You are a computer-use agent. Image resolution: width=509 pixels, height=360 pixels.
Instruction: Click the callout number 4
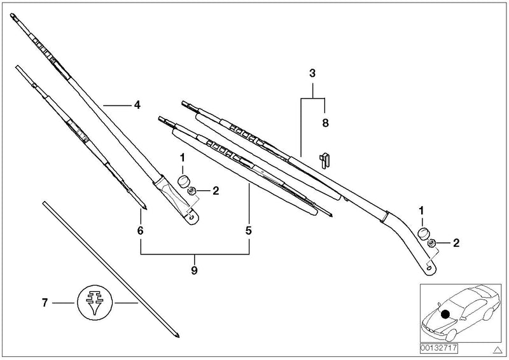pos(136,105)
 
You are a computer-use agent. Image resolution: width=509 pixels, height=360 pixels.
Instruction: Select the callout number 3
pos(312,74)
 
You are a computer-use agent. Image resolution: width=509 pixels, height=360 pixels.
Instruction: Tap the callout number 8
pos(324,123)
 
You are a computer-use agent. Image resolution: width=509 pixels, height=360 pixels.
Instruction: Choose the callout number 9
pos(194,271)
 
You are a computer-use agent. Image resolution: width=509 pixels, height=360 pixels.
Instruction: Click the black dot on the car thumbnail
pos(445,313)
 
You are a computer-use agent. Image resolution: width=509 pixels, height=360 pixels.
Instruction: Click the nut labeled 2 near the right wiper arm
pos(432,242)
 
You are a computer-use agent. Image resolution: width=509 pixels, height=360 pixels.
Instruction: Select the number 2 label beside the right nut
pos(456,243)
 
